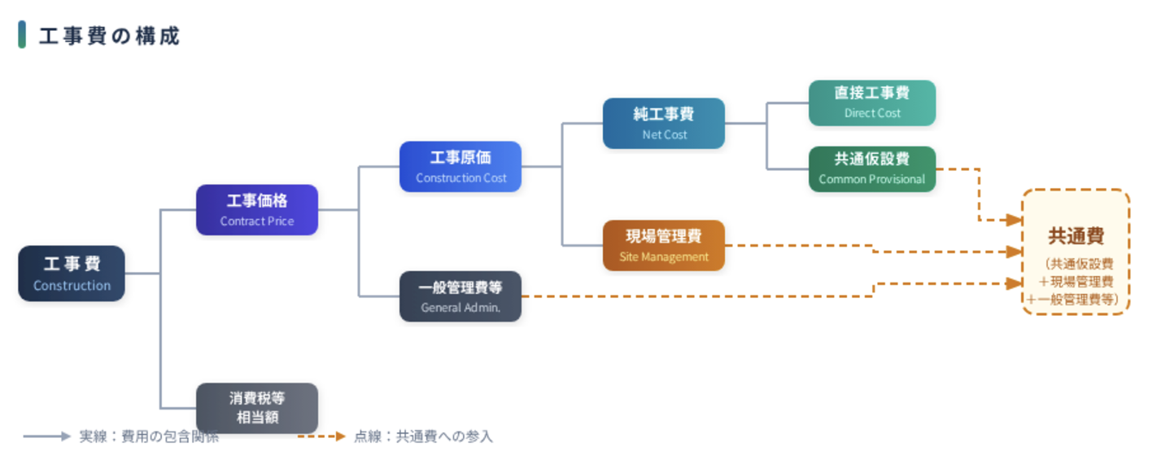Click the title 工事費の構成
point(109,36)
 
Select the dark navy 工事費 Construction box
point(72,274)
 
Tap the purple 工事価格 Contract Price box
point(256,210)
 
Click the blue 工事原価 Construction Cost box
point(461,167)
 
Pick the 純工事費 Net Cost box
point(663,124)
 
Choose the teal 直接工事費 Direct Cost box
point(871,103)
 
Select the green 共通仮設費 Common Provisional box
point(871,169)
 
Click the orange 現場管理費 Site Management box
point(663,245)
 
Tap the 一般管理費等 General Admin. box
point(461,296)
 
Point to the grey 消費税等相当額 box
point(256,408)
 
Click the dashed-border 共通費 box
point(1076,252)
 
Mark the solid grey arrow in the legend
point(47,436)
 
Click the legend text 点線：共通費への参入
point(423,436)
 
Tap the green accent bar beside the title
point(22,36)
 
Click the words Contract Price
point(256,221)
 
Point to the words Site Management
point(663,257)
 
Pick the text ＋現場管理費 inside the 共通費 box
point(1076,282)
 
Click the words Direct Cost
point(871,114)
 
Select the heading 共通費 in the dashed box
point(1076,236)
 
